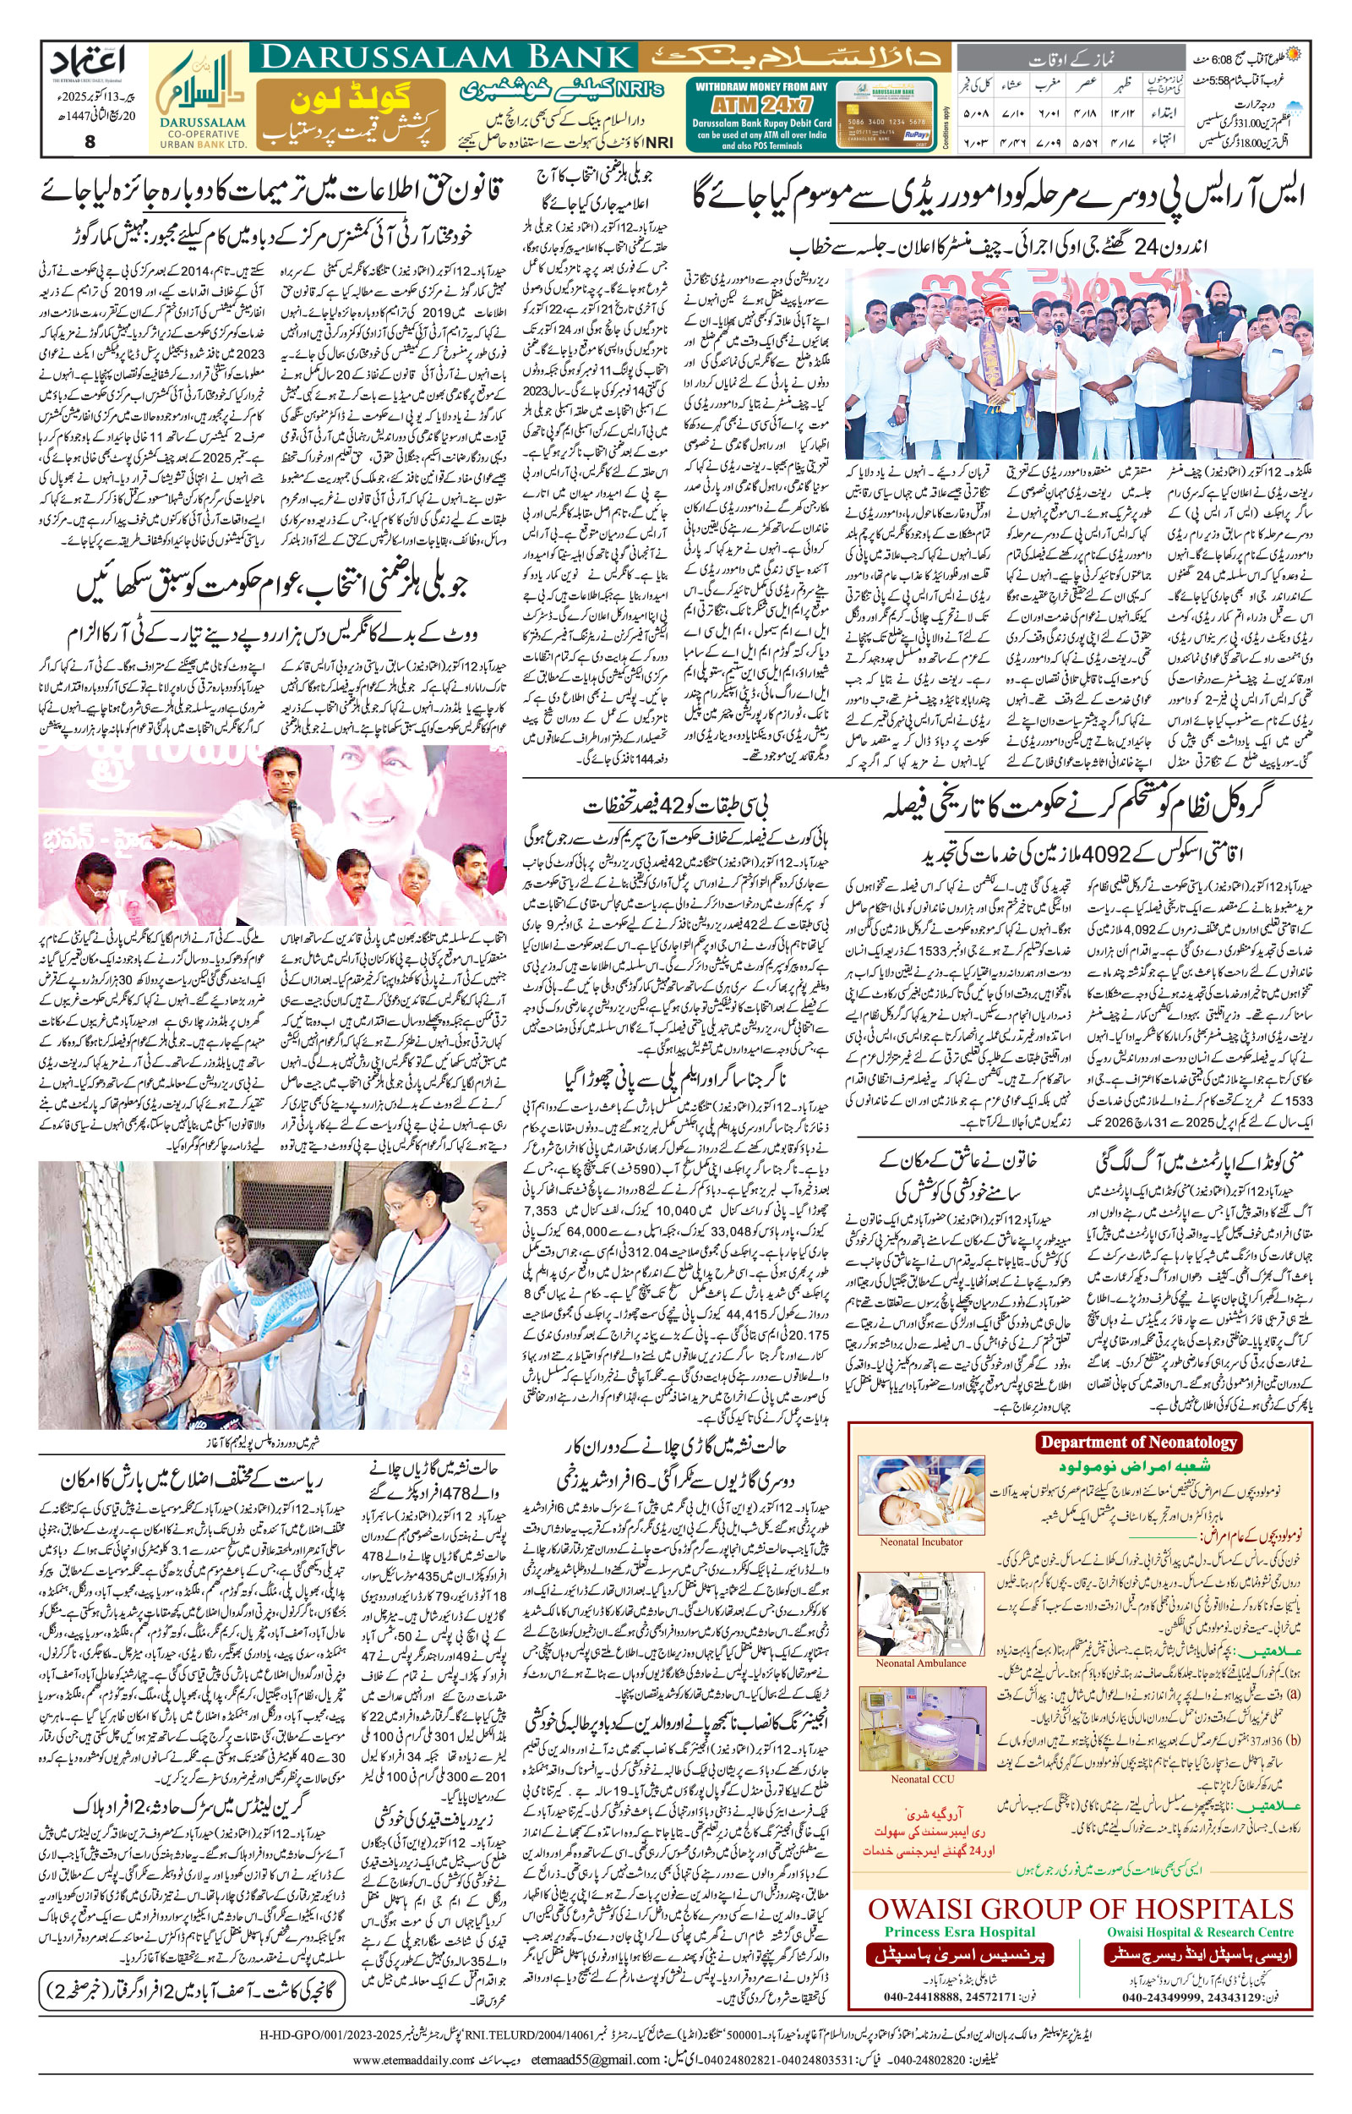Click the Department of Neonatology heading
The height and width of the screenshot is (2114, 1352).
tap(1137, 1441)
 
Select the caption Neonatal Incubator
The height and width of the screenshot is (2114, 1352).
tap(921, 1541)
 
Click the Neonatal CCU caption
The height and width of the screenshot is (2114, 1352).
tap(921, 1779)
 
